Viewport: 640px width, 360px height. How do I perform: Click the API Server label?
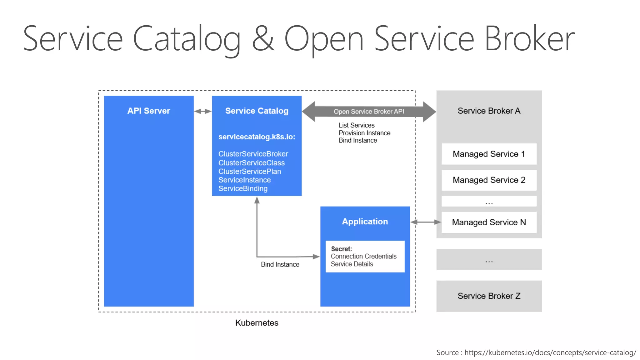tap(148, 111)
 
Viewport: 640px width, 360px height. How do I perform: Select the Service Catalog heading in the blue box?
tap(257, 111)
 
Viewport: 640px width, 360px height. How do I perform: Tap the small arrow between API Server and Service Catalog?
tap(203, 111)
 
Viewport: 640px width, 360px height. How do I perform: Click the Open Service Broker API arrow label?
tap(369, 112)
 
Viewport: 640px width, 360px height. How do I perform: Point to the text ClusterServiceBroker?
tap(253, 154)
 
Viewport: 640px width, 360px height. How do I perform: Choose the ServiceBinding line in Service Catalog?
tap(243, 188)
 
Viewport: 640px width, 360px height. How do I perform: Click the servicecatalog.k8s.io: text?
tap(257, 137)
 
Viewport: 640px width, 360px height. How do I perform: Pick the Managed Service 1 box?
tap(489, 154)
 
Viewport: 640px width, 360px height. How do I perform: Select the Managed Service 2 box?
tap(489, 180)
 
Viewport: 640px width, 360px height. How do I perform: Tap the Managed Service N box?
tap(489, 222)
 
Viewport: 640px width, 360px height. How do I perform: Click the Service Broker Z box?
tap(489, 296)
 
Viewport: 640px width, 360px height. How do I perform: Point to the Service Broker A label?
tap(489, 111)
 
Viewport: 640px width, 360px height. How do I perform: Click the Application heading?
tap(365, 222)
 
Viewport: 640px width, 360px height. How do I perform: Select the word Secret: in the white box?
tap(341, 249)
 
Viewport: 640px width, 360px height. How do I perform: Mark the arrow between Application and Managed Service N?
tap(425, 222)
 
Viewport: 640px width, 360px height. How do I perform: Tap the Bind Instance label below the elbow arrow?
tap(280, 264)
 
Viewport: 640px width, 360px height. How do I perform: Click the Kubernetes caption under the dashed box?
tap(257, 323)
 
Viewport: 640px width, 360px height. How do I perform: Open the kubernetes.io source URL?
tap(550, 352)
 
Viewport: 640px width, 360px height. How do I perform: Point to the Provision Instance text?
tap(364, 133)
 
